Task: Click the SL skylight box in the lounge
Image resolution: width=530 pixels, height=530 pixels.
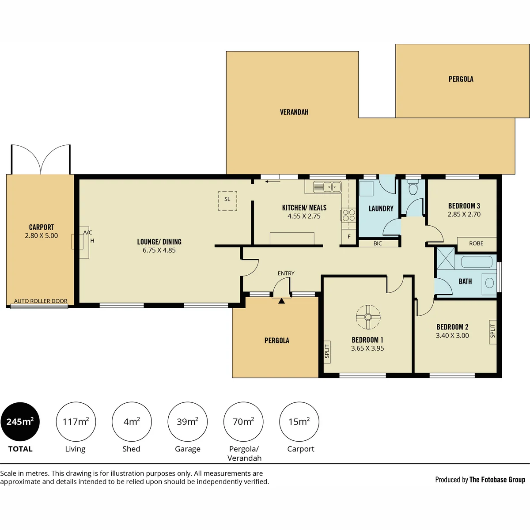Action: point(227,201)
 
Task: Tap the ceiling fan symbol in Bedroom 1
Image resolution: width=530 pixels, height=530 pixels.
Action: point(368,317)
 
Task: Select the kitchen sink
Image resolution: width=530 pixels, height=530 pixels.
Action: point(327,187)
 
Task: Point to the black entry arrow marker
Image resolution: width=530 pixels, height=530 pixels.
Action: point(281,301)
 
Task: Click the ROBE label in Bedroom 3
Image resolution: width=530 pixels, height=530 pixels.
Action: point(476,243)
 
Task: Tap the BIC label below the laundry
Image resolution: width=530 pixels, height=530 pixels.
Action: point(378,243)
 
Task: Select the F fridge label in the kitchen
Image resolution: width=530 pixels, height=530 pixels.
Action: point(349,237)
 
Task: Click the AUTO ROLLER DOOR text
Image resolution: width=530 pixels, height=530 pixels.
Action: point(41,301)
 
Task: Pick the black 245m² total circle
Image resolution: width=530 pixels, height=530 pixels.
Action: point(20,422)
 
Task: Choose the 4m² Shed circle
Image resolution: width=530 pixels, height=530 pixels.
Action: point(132,422)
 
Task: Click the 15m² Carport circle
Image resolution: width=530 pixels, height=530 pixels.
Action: point(299,422)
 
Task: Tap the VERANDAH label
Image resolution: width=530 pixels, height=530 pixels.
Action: point(294,112)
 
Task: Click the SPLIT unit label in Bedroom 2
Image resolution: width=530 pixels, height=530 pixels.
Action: point(492,331)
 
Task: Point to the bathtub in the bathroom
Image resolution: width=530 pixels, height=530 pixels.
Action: point(477,262)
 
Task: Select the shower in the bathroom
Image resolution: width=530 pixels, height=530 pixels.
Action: point(446,258)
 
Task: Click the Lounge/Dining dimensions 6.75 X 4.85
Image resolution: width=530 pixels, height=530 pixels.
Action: point(159,250)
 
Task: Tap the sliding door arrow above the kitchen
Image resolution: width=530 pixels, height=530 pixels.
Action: point(273,182)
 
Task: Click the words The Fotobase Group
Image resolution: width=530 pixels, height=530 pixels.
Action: point(497,480)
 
